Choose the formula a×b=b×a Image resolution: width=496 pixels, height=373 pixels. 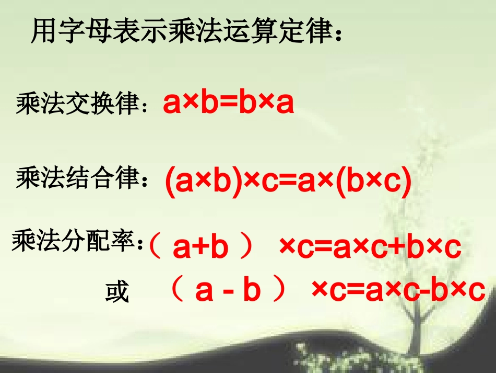(228, 104)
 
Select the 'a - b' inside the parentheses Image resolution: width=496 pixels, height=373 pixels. (228, 291)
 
